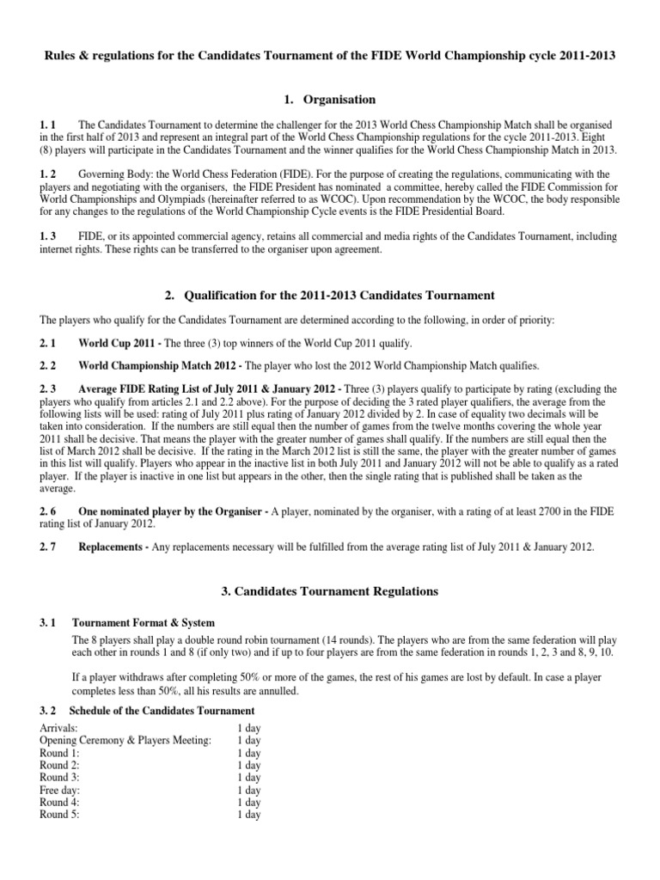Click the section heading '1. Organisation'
(330, 100)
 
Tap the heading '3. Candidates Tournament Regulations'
(330, 591)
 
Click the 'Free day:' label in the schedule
(61, 790)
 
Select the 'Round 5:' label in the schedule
(60, 814)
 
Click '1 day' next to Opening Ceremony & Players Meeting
(248, 741)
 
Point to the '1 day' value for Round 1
(248, 753)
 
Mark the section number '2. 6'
(49, 510)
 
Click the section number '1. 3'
(49, 235)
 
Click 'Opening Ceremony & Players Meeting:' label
(125, 741)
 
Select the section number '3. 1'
(49, 622)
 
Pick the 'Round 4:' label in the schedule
(60, 802)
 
